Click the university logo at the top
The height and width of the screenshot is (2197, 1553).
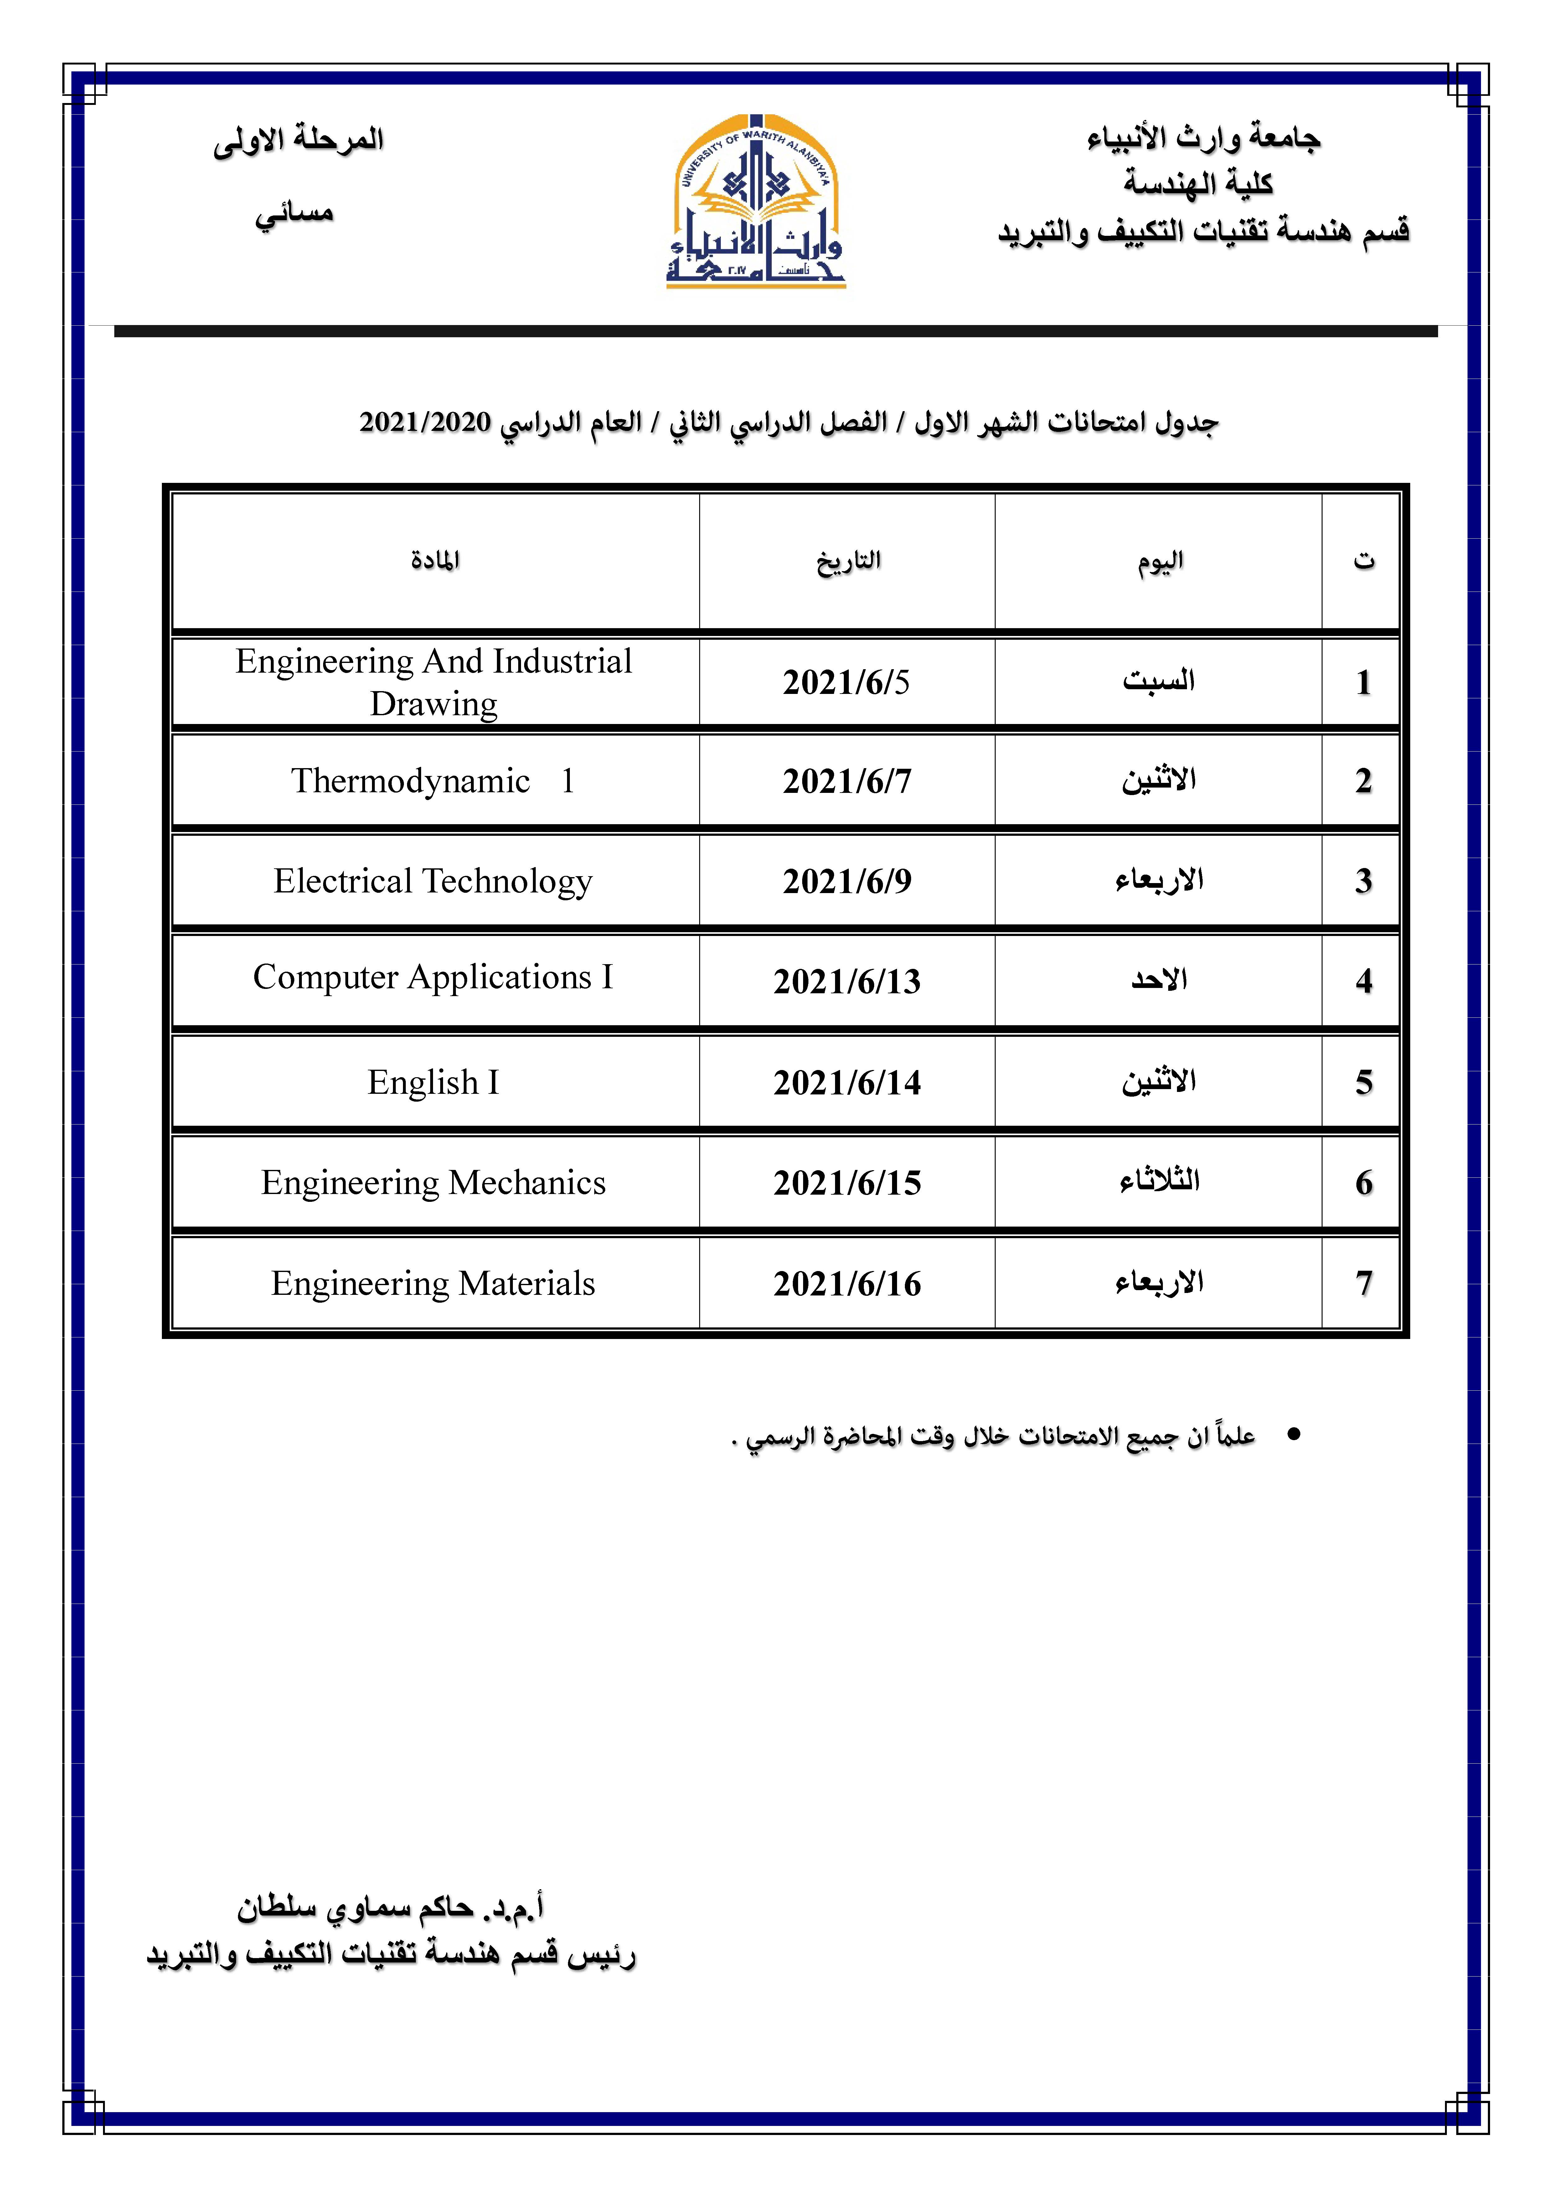[x=756, y=202]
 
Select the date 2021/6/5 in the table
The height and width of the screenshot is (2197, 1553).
[x=846, y=682]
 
